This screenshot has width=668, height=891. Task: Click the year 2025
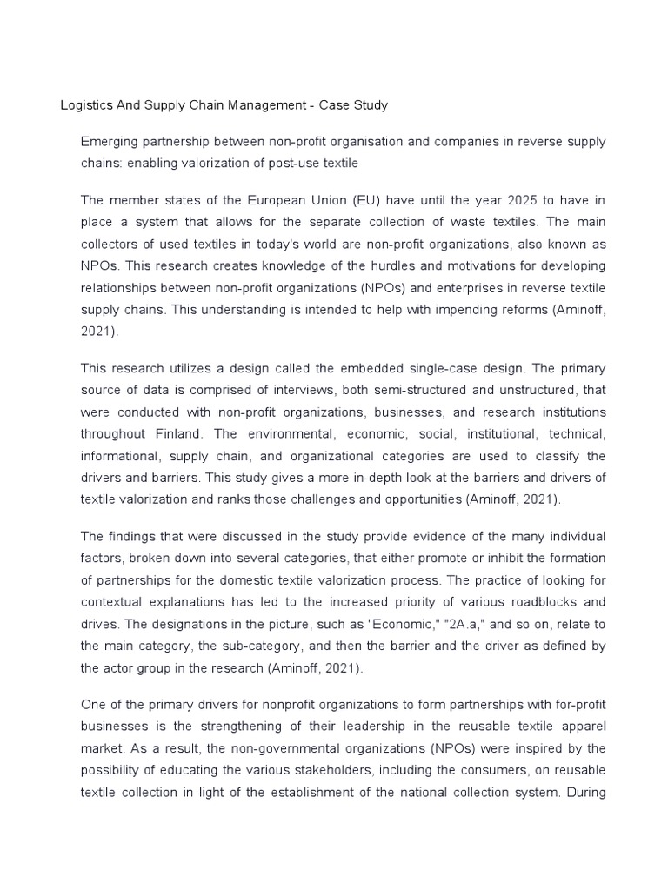pyautogui.click(x=497, y=198)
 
